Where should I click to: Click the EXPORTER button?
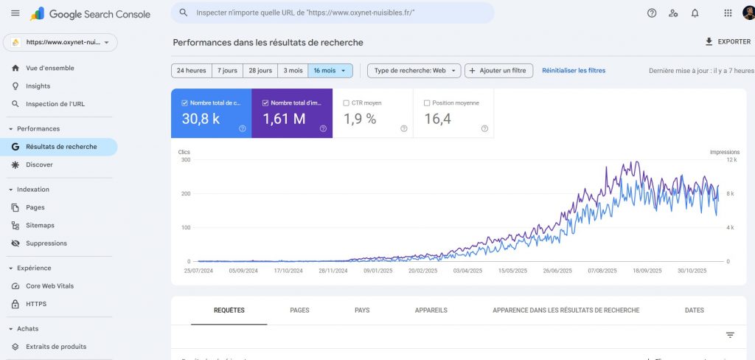pos(728,42)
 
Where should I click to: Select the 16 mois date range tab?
pos(330,71)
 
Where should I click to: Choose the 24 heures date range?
pos(191,71)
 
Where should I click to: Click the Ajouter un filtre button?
pos(498,71)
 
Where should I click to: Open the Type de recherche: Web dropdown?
pos(414,71)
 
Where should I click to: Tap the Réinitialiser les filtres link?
pos(574,71)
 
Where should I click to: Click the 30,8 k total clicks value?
pos(201,119)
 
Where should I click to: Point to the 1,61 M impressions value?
pos(284,119)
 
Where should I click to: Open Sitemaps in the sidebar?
pos(40,225)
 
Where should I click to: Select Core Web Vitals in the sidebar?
pos(49,285)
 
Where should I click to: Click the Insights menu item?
pos(38,86)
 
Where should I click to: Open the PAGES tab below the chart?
pos(299,311)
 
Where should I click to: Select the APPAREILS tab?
pos(431,311)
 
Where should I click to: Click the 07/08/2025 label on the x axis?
pos(602,271)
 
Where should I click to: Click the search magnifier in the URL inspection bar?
pos(183,13)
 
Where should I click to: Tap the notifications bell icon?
pos(695,13)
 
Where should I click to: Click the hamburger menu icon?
pos(15,13)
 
